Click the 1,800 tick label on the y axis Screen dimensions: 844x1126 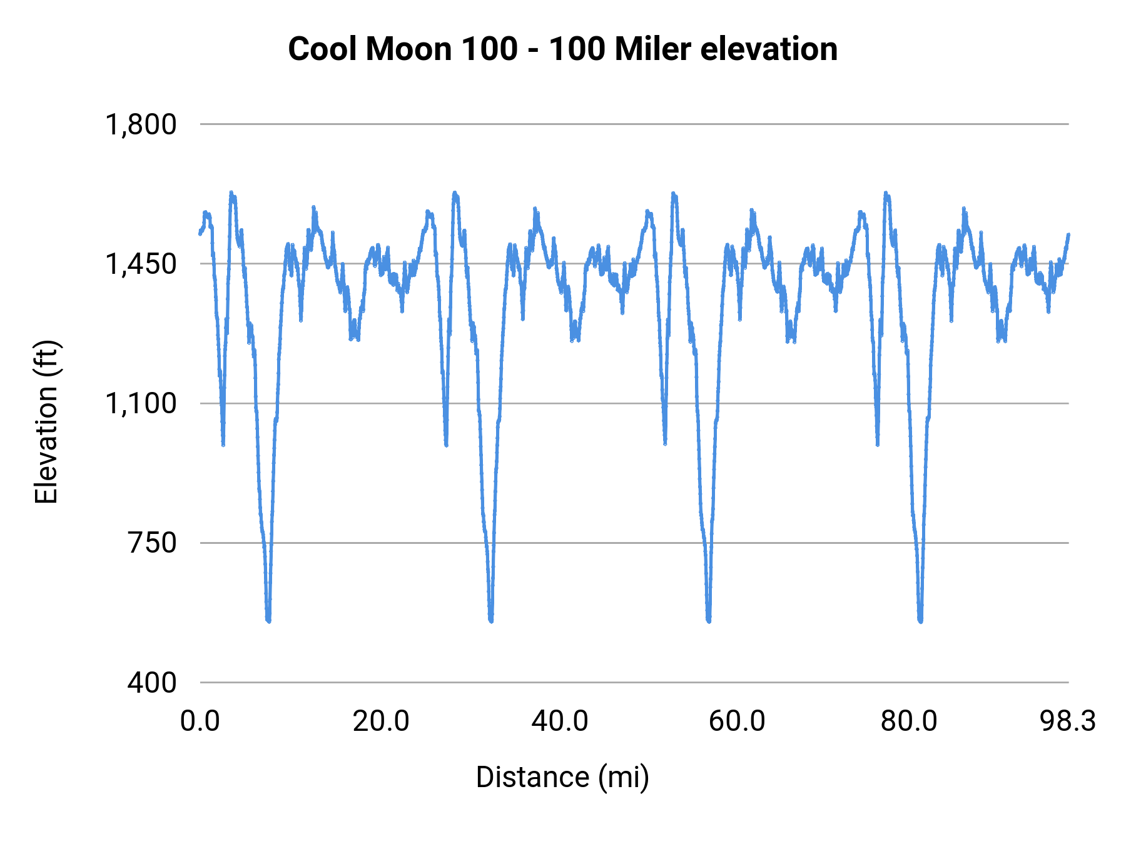pos(141,124)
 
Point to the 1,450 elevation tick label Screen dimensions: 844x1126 pos(141,264)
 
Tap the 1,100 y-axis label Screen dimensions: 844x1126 pos(141,403)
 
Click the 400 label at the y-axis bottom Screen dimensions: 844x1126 pos(152,682)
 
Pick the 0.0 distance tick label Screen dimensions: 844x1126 pos(200,721)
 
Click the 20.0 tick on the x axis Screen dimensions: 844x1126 pos(380,721)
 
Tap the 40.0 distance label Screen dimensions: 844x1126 pos(560,721)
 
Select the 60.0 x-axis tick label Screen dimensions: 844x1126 pos(737,721)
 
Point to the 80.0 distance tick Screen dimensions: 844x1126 pos(909,721)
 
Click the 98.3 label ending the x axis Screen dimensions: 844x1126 pos(1068,721)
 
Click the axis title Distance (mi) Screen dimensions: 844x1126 pos(562,777)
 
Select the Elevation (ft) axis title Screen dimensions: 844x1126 pos(46,423)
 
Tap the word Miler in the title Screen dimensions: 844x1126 pos(652,49)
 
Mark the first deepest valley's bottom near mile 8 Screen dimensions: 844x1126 pos(268,620)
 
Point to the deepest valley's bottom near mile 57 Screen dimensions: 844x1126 pos(709,620)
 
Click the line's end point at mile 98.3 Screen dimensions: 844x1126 pos(1068,234)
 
